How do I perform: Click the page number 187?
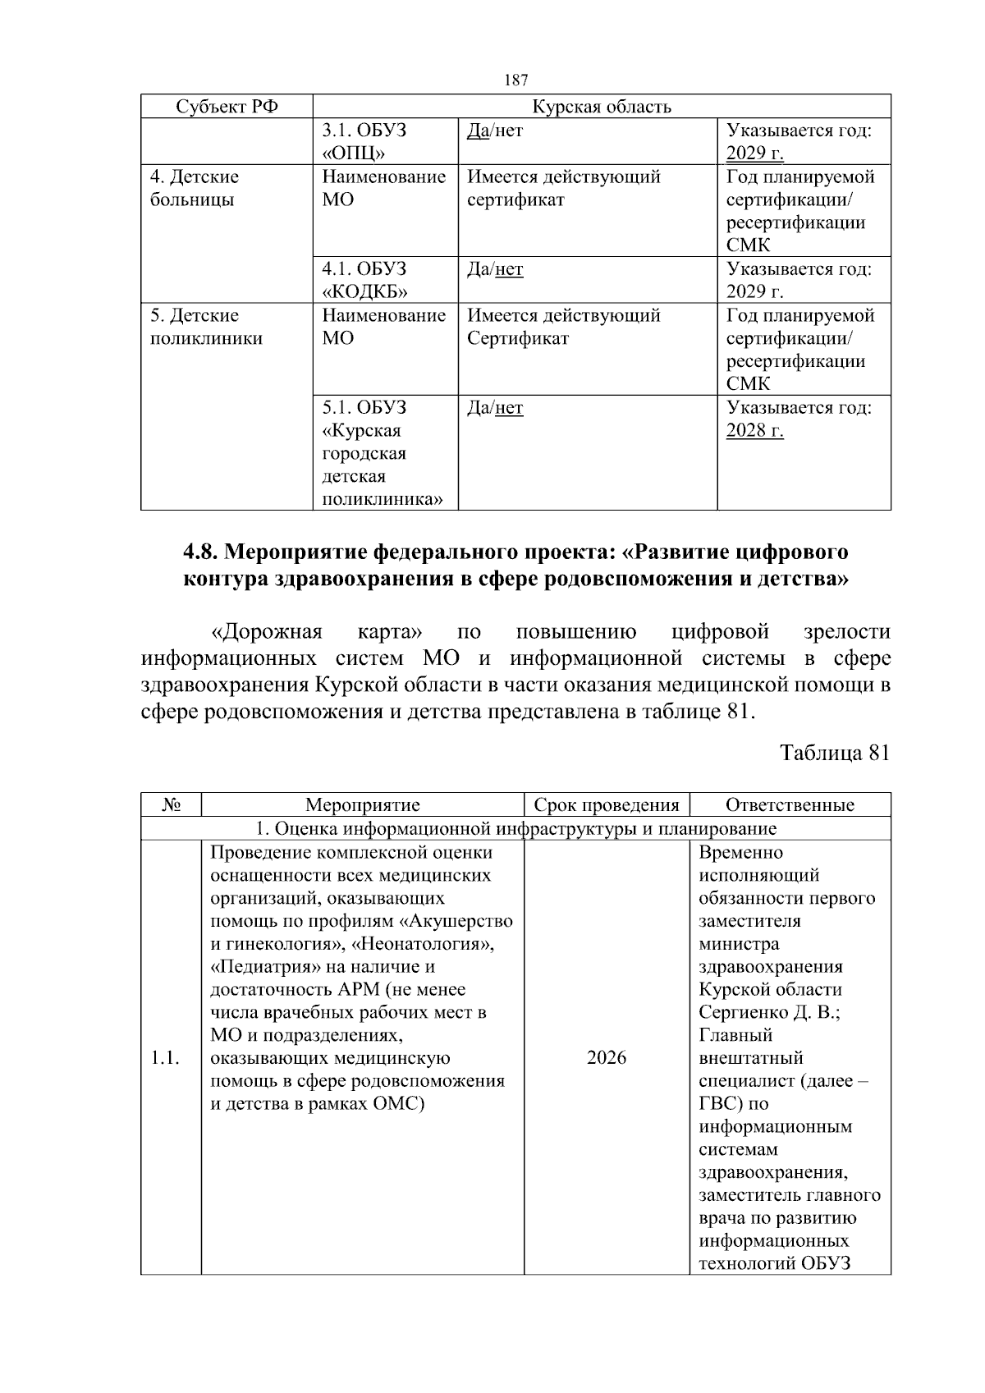[516, 80]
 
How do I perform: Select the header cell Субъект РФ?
[227, 107]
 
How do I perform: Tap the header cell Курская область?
[601, 107]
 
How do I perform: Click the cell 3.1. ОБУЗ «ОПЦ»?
[364, 142]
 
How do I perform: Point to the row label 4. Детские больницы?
[195, 188]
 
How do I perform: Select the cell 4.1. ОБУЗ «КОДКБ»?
[364, 280]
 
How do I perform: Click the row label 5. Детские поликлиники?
[206, 327]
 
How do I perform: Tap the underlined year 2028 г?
[754, 431]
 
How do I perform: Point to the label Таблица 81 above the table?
[834, 753]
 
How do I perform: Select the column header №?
[171, 805]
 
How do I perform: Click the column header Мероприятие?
[362, 805]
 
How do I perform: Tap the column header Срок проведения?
[607, 805]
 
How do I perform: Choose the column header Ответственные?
[790, 805]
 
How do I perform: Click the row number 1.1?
[165, 1058]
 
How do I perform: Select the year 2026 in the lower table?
[607, 1058]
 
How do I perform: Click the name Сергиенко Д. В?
[769, 1012]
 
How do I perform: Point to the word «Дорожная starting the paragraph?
[267, 632]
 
